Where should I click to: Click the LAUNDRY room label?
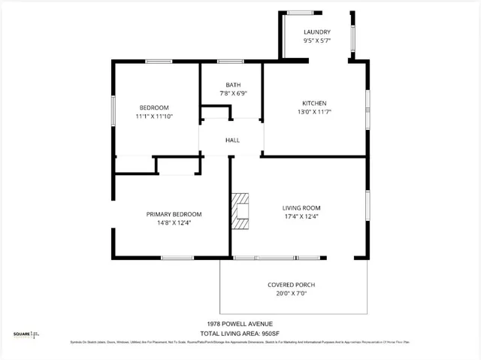click(x=316, y=32)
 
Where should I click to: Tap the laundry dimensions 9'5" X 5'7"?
click(x=316, y=41)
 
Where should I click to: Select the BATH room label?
click(x=233, y=85)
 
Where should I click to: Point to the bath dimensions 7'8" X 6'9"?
click(x=233, y=94)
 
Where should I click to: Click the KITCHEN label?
click(x=314, y=103)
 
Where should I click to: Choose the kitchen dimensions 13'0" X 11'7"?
click(x=314, y=112)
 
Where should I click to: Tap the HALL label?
click(x=233, y=140)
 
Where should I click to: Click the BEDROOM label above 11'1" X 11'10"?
click(x=154, y=107)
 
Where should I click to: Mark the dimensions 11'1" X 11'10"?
click(x=154, y=116)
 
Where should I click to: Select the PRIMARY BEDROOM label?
click(x=174, y=214)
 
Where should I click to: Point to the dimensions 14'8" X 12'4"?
click(x=174, y=223)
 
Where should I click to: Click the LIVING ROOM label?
click(x=301, y=208)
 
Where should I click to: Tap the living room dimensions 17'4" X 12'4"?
click(x=301, y=217)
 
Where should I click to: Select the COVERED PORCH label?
click(x=291, y=285)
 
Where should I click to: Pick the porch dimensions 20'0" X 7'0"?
click(x=291, y=294)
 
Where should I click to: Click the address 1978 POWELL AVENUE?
click(x=240, y=324)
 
